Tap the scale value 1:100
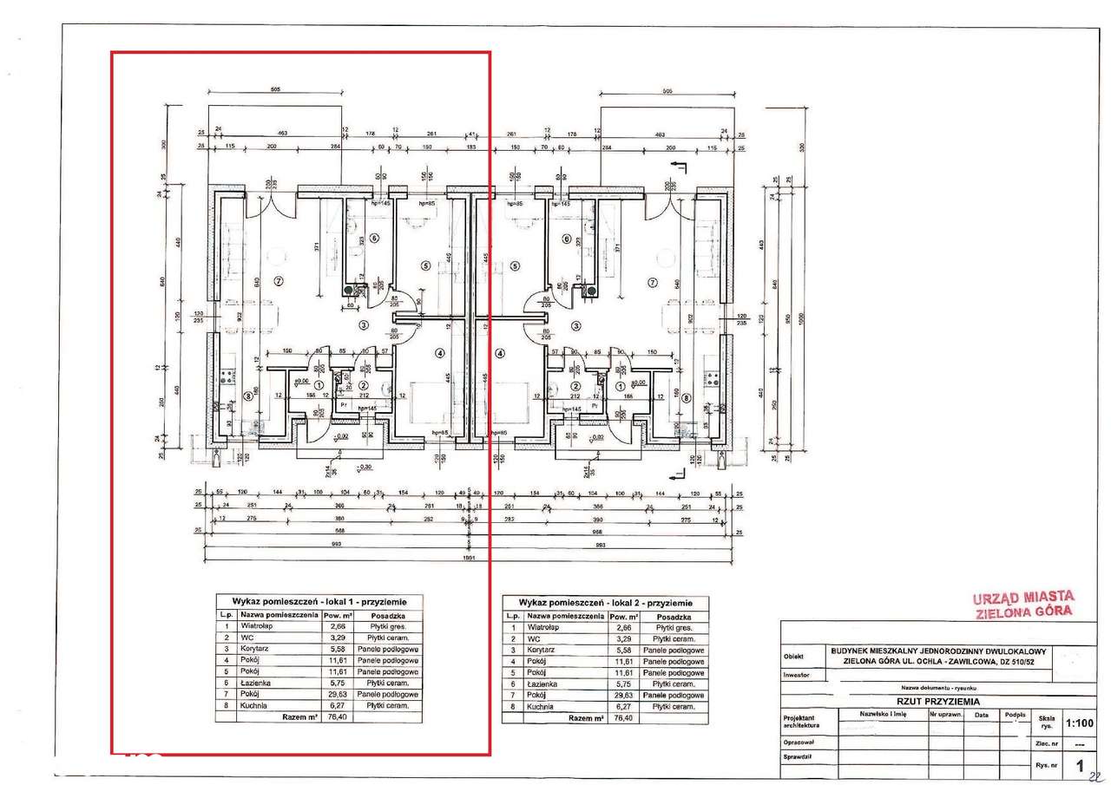[x=1079, y=721]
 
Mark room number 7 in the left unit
[x=279, y=280]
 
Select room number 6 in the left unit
[x=375, y=238]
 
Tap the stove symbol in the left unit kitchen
[x=228, y=376]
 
